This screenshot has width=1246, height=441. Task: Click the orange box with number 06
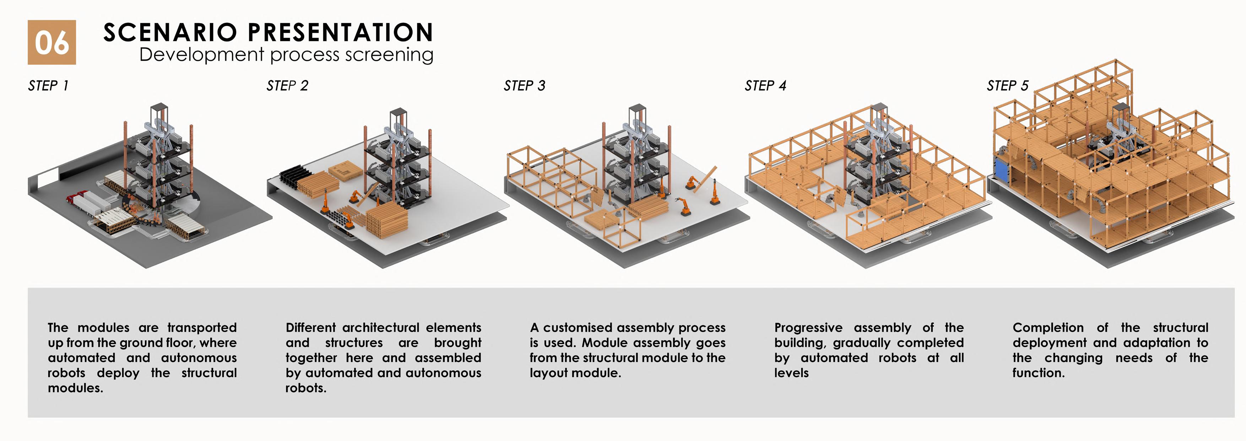click(52, 43)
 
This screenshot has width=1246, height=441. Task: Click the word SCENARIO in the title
click(170, 33)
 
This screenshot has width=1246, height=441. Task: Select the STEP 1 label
click(48, 86)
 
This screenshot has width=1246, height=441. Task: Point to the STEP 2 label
click(287, 86)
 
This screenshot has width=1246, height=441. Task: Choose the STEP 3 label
click(524, 86)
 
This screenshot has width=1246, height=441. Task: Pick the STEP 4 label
click(765, 86)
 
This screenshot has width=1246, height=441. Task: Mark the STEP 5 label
click(1008, 86)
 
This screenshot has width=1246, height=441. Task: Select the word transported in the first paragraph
click(202, 328)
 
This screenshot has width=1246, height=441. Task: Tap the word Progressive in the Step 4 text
click(808, 328)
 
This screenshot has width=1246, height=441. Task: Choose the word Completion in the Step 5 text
click(1048, 328)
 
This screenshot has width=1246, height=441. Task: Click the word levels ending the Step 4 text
click(791, 373)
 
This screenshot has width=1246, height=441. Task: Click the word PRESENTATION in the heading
click(341, 33)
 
